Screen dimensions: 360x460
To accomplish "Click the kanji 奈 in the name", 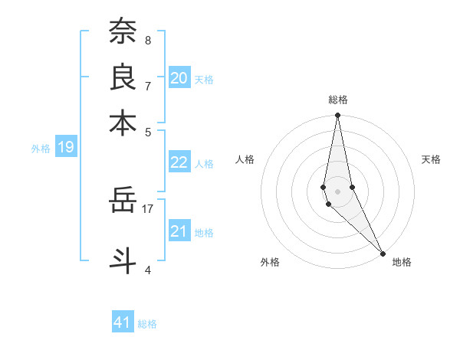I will coord(123,32).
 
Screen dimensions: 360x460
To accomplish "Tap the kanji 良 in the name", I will coord(123,77).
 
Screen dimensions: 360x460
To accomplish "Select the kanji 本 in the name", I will coord(123,123).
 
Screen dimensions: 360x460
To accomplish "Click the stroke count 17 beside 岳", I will coord(147,208).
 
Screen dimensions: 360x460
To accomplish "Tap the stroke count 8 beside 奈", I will coord(147,40).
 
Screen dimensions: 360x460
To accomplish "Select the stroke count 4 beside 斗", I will coord(147,269).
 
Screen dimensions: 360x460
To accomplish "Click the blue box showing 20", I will coord(179,77).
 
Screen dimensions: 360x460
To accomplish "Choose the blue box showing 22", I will coord(179,162).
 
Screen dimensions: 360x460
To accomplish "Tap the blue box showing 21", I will coord(179,232).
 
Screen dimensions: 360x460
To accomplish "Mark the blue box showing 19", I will coord(65,147).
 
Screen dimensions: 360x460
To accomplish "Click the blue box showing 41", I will coord(123,322).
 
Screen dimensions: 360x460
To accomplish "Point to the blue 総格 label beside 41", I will coord(147,324).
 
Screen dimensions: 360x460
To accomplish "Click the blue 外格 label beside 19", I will coord(40,149).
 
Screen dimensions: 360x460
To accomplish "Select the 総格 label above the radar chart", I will coord(337,100).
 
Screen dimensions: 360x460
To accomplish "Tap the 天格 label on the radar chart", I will coord(431,159).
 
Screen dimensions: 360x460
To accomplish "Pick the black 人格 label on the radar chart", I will coord(245,159).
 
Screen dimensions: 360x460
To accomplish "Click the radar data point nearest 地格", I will coord(383,253).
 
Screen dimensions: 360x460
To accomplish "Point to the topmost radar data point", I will coord(337,116).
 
